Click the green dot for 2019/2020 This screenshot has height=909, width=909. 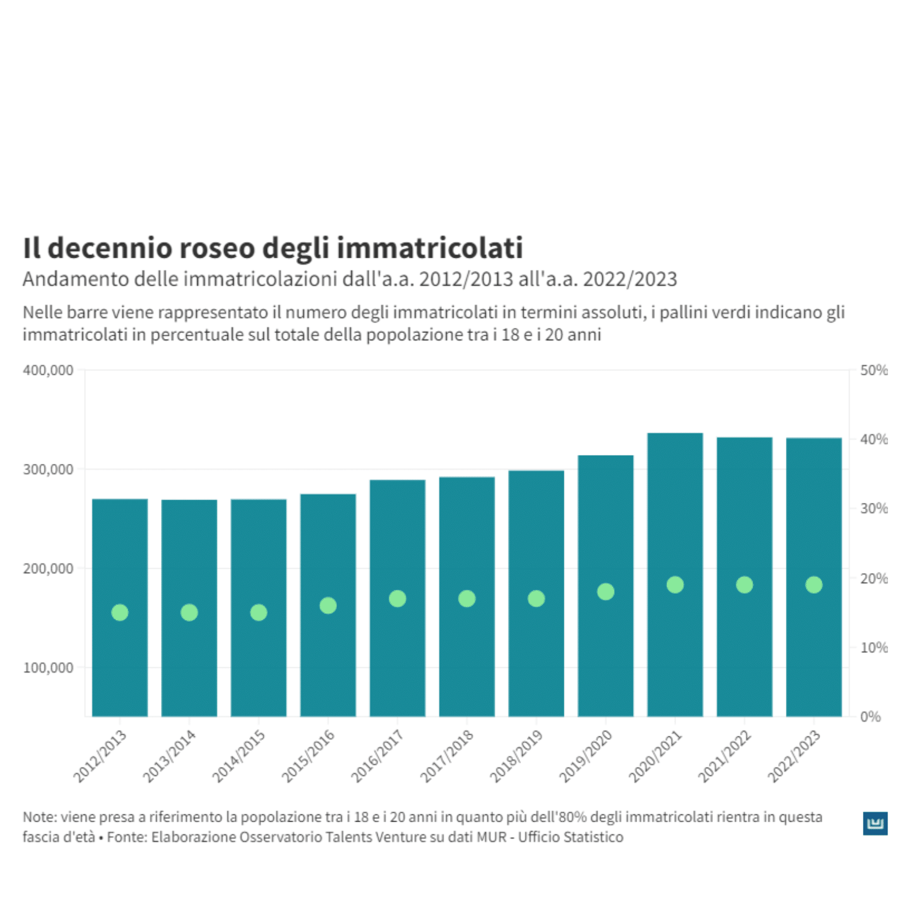605,591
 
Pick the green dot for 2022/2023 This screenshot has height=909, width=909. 813,584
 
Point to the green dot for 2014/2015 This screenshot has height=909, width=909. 258,612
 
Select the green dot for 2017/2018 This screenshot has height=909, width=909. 467,598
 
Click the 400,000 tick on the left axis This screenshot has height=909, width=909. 48,370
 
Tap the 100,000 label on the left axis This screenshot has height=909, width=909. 48,668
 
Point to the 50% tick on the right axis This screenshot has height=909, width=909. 873,370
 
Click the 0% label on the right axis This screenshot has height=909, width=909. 870,717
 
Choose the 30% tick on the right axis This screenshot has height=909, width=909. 873,508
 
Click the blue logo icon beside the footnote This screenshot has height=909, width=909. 875,823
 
